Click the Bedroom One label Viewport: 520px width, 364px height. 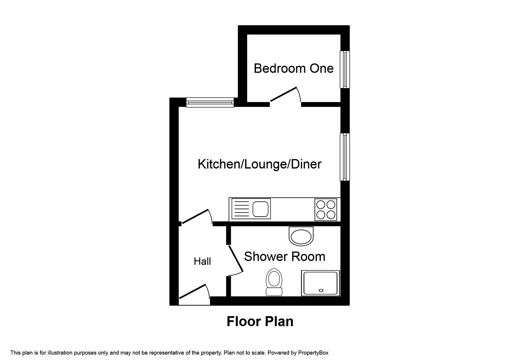click(293, 68)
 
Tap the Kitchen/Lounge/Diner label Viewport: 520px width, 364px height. click(260, 164)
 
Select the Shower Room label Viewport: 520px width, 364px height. click(285, 257)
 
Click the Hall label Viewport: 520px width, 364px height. click(202, 261)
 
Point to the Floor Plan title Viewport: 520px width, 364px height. click(260, 321)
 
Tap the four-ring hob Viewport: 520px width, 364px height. click(326, 210)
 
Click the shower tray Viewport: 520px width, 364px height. click(320, 283)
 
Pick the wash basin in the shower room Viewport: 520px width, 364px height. click(301, 236)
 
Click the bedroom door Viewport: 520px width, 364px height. click(284, 95)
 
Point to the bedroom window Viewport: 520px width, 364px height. click(344, 69)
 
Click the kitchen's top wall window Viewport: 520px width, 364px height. click(210, 102)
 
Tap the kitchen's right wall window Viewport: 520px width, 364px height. click(344, 157)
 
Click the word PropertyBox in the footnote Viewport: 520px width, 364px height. click(313, 353)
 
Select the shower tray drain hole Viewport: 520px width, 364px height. click(321, 290)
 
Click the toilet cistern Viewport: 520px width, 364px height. click(274, 291)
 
